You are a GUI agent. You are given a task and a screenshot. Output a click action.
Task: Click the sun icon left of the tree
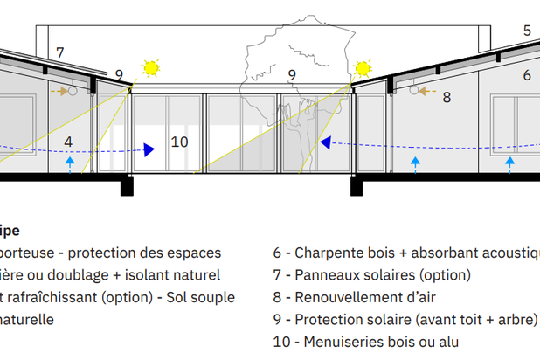[x=152, y=67]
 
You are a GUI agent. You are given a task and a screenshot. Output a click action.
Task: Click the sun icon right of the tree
[x=363, y=68]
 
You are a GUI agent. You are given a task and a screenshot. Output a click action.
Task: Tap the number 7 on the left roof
[x=60, y=53]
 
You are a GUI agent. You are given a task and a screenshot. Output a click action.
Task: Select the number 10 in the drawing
[x=179, y=142]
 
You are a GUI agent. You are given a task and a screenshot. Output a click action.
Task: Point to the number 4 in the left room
[x=68, y=142]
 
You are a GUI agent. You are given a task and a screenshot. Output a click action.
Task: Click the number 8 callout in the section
[x=446, y=97]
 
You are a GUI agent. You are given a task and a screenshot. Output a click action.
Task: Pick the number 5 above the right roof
[x=527, y=31]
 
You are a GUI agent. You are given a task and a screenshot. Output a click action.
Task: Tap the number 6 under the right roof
[x=527, y=76]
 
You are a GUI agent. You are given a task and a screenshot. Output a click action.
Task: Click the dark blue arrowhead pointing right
[x=149, y=150]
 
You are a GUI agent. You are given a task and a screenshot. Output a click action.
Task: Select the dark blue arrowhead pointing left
[x=325, y=142]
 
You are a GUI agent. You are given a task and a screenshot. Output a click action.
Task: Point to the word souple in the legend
[x=214, y=297]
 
